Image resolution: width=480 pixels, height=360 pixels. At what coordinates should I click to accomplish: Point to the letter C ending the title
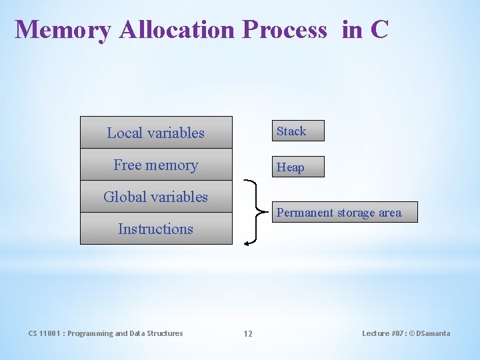[x=379, y=30]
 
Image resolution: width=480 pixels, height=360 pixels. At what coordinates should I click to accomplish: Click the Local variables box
[x=156, y=133]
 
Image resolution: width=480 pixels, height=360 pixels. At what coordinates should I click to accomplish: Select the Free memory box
[x=156, y=165]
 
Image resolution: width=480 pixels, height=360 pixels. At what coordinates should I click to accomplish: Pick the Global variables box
[x=156, y=197]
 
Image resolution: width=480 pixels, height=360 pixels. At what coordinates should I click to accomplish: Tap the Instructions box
[x=156, y=229]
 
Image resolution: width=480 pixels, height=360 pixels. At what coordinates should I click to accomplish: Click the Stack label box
[x=297, y=131]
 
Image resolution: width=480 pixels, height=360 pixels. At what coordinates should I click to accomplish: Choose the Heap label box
[x=297, y=167]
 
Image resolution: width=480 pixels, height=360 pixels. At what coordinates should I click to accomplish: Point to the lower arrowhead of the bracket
[x=246, y=244]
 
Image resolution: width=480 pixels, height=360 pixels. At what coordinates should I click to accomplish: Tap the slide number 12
[x=247, y=333]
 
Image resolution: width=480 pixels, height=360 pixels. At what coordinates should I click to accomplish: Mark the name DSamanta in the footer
[x=433, y=333]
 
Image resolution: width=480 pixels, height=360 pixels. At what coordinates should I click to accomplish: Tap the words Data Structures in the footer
[x=158, y=333]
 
